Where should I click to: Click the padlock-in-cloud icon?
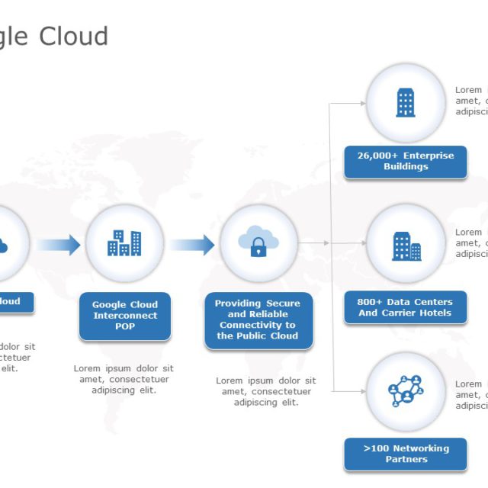coord(258,242)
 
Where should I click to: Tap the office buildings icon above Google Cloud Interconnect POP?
coord(124,242)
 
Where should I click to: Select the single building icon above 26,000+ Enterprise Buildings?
coord(406,102)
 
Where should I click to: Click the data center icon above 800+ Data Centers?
coord(406,246)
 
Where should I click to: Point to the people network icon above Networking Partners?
coord(406,391)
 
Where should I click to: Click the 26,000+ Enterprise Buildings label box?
coord(406,162)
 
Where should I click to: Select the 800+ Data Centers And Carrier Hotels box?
coord(406,307)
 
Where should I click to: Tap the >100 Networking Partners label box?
coord(406,454)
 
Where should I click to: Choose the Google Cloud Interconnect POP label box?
coord(125,316)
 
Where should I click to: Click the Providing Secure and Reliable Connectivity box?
coord(258,320)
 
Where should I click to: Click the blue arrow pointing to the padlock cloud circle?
coord(192,245)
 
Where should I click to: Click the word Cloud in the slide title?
coord(74,36)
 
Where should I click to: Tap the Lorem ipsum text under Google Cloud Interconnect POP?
coord(124,379)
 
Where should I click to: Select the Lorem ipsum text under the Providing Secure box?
coord(266,391)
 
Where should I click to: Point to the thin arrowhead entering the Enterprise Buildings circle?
coord(361,102)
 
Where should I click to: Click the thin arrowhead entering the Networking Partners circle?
coord(361,391)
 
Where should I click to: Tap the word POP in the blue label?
coord(125,326)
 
